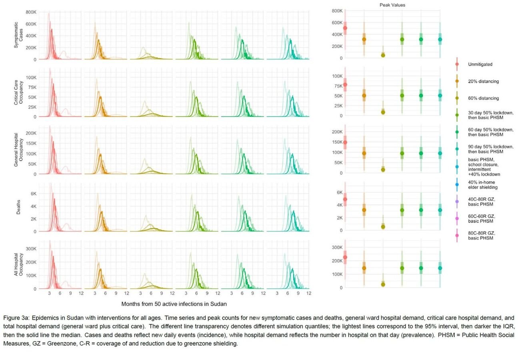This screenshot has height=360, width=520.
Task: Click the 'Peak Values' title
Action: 392,5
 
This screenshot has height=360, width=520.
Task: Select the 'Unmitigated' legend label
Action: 480,64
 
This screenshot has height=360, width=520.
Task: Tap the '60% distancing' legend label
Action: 483,98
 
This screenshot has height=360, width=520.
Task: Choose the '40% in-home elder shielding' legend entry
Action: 482,185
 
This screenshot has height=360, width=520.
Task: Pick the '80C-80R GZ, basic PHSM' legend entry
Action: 481,236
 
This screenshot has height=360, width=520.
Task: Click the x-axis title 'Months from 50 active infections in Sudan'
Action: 174,304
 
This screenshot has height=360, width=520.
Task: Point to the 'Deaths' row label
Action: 18,207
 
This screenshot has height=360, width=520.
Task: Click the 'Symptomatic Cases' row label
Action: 18,35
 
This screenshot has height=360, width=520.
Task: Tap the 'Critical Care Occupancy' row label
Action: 18,92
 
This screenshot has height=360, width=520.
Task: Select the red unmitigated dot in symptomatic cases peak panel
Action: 345,28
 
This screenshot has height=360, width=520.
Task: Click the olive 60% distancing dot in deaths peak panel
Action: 383,227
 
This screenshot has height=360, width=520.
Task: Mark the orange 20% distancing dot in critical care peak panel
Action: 364,96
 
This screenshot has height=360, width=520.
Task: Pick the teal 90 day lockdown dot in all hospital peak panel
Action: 440,268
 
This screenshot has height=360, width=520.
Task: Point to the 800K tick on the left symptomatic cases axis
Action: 31,12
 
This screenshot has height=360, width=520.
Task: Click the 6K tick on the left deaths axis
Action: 34,194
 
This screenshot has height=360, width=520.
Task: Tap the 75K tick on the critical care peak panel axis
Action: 338,86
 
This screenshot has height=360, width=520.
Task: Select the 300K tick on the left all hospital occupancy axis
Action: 31,249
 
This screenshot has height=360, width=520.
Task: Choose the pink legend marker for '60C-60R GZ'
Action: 457,218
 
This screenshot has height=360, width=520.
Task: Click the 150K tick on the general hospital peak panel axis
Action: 337,142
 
